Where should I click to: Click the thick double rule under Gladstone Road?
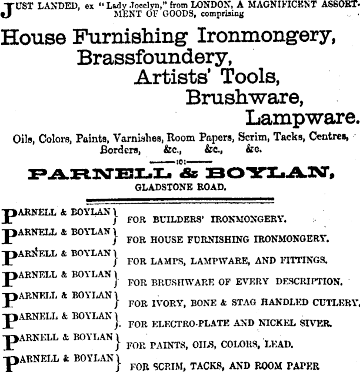point(179,200)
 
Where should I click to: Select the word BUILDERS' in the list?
point(178,220)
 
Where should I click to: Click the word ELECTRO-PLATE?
point(188,323)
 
